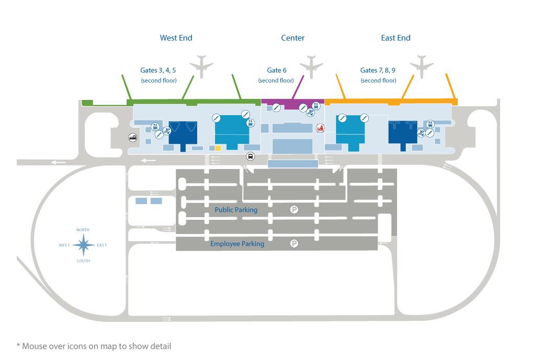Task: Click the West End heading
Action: point(176,38)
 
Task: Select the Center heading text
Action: point(292,38)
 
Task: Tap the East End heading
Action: point(395,38)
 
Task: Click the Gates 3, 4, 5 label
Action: point(158,70)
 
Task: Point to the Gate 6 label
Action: point(277,70)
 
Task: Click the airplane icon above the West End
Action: point(202,65)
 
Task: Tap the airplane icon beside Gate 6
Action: point(312,65)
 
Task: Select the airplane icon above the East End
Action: point(422,65)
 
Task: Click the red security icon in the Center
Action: point(320,127)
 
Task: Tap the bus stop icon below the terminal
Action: point(251,156)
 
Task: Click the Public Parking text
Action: point(236,210)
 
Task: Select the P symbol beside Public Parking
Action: point(295,209)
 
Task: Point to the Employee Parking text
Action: point(237,244)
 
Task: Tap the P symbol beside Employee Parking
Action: point(295,243)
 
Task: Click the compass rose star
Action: point(83,245)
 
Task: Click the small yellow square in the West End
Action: point(218,148)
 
